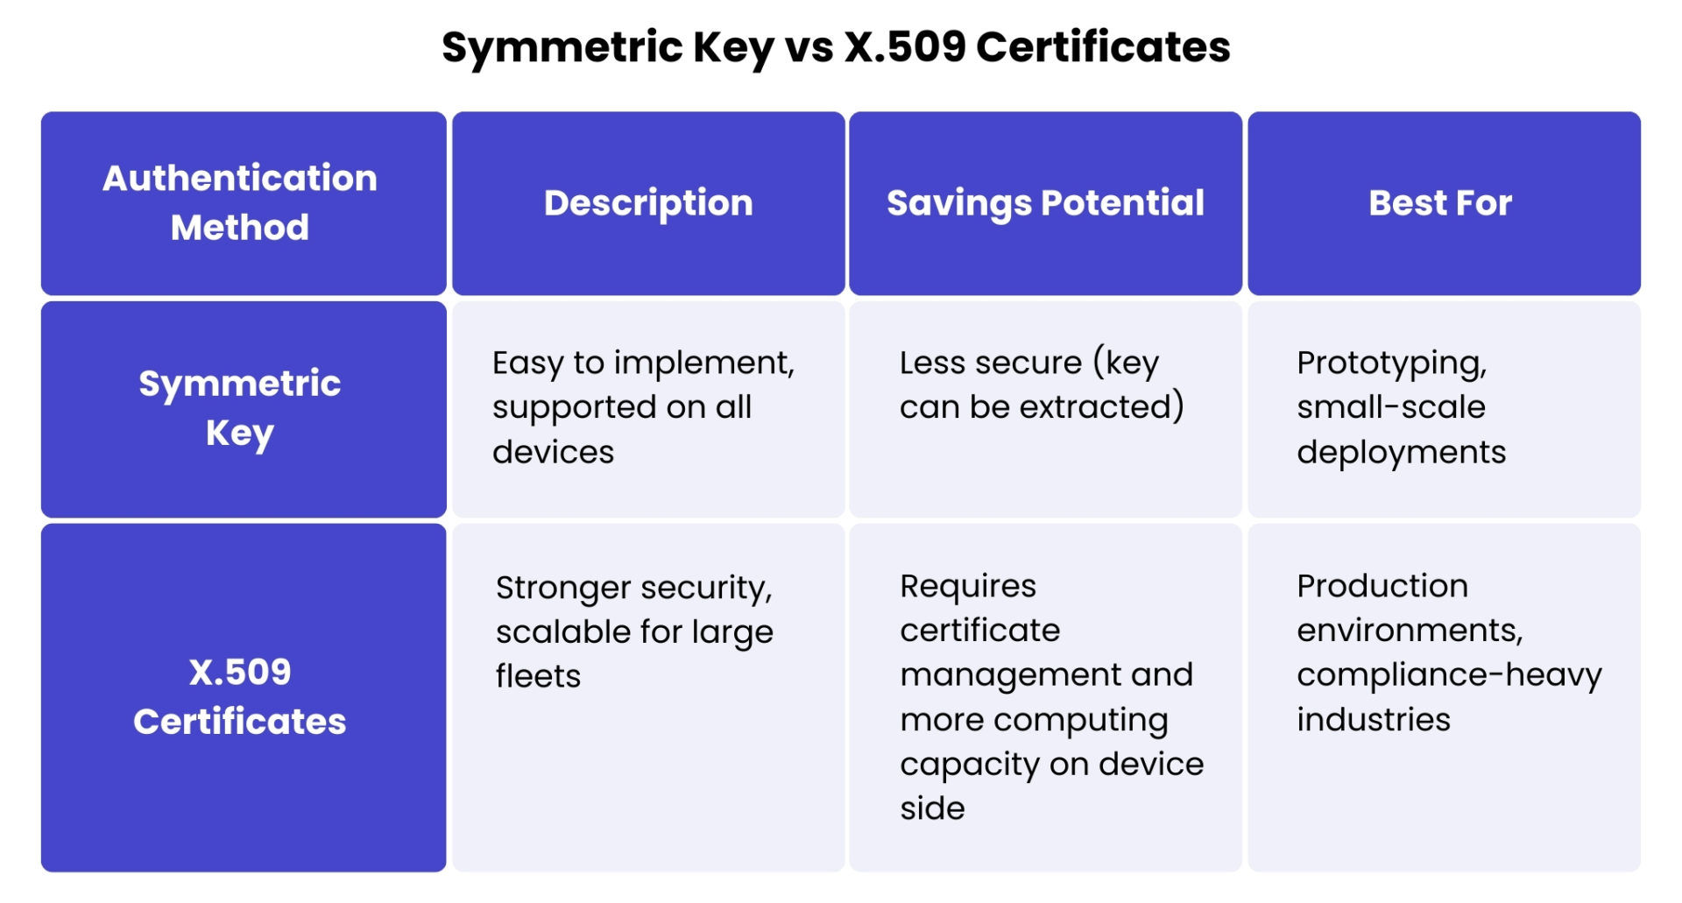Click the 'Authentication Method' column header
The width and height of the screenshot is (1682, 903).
click(x=240, y=202)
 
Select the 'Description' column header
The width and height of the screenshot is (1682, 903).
click(x=648, y=203)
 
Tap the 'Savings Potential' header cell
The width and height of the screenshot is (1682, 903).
click(x=1045, y=203)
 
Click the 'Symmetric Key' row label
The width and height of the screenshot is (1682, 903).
click(x=240, y=408)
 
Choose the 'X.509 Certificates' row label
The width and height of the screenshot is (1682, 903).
click(x=240, y=696)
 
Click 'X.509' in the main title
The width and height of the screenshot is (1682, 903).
click(x=904, y=47)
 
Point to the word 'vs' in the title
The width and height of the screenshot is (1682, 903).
click(x=809, y=47)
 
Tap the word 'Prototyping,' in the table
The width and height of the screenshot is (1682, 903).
click(x=1391, y=363)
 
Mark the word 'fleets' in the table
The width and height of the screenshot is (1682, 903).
click(x=538, y=677)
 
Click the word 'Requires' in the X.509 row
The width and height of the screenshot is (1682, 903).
click(x=967, y=587)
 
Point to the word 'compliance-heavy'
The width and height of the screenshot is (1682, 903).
click(x=1449, y=675)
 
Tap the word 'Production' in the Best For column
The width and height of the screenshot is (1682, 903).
click(x=1382, y=586)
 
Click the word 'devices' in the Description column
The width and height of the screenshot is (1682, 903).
click(x=553, y=453)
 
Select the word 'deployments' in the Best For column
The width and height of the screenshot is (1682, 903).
click(x=1401, y=453)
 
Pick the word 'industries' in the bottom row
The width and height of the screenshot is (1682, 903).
click(x=1373, y=720)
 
